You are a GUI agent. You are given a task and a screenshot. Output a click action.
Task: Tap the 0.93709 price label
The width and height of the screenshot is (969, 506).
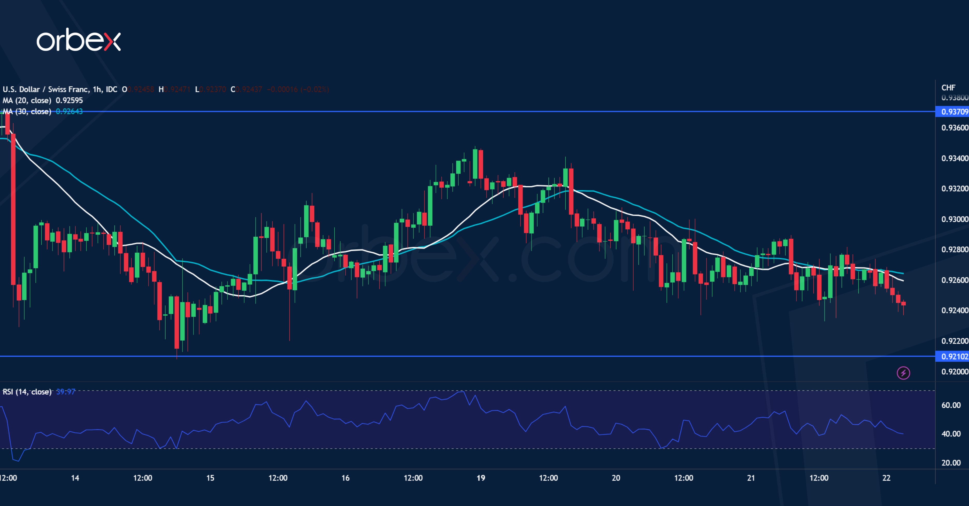[x=954, y=112]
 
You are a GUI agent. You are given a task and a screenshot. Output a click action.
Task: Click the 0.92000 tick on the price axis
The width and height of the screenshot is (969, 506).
[x=954, y=371]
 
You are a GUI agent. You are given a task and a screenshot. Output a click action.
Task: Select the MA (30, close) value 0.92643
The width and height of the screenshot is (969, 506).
[x=69, y=112]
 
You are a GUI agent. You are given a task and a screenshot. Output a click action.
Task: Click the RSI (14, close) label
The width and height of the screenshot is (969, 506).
[x=27, y=392]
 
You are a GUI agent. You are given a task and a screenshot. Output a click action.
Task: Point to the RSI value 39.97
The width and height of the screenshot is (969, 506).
[x=65, y=392]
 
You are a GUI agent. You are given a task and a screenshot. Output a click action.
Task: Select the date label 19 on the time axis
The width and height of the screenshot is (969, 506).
[x=480, y=478]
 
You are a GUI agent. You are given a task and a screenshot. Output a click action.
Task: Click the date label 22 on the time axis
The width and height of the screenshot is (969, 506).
[x=886, y=478]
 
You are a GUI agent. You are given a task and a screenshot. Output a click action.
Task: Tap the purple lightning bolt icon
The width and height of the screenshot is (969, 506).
[x=903, y=373]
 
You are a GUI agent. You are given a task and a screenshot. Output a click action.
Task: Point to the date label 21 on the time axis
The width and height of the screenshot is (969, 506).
[x=751, y=478]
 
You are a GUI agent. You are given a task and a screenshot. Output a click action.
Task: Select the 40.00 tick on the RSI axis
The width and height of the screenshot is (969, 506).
[x=951, y=434]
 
